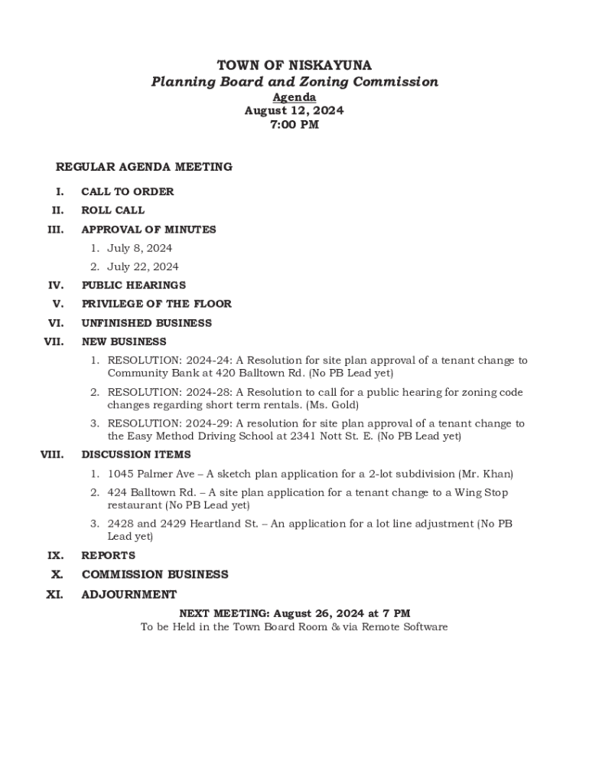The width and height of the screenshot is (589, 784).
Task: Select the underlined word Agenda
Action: pyautogui.click(x=294, y=97)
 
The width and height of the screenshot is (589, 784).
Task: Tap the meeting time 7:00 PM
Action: pyautogui.click(x=294, y=125)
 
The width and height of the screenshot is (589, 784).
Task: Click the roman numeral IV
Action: pyautogui.click(x=56, y=285)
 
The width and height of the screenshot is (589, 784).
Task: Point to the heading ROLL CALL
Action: pyautogui.click(x=113, y=210)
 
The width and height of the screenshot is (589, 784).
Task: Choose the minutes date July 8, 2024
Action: pyautogui.click(x=139, y=248)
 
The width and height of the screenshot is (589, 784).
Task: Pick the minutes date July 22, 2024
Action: pyautogui.click(x=142, y=266)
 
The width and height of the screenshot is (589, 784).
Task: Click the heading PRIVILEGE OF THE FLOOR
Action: pyautogui.click(x=156, y=303)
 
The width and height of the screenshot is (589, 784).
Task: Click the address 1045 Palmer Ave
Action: pyautogui.click(x=151, y=474)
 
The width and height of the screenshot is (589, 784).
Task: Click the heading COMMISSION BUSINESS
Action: pyautogui.click(x=155, y=574)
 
